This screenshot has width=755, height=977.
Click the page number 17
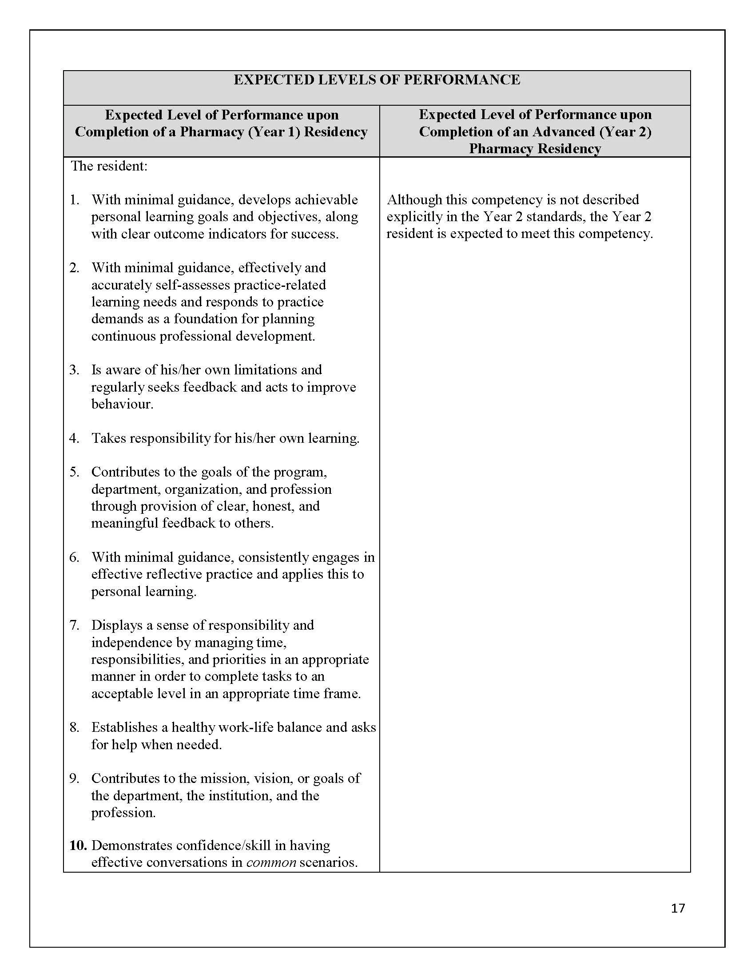(678, 908)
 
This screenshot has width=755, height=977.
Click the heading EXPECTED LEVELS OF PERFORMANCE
(377, 79)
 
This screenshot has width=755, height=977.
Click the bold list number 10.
(77, 846)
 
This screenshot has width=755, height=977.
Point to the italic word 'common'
(271, 862)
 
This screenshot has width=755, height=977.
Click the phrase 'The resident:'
(109, 166)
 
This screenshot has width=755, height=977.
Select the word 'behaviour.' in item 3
(122, 404)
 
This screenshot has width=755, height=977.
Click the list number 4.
(74, 438)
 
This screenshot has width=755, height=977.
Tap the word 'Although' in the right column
(414, 199)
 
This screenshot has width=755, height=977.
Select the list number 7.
(74, 625)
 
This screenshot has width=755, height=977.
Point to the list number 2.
(74, 267)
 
